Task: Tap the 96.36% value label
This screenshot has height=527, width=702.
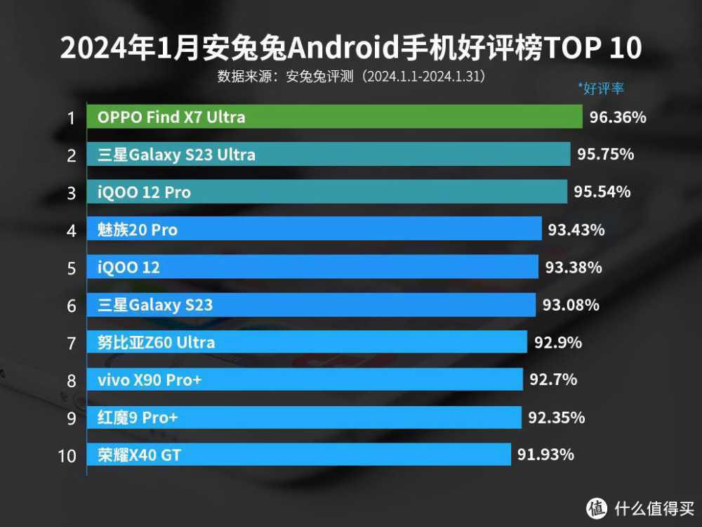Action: (618, 117)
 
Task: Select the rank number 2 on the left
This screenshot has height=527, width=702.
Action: (71, 155)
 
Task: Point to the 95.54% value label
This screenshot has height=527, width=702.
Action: (602, 192)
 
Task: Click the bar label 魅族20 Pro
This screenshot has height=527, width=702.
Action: (138, 230)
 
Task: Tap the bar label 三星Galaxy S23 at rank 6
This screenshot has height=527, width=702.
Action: (155, 305)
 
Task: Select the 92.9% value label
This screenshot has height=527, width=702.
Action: (558, 343)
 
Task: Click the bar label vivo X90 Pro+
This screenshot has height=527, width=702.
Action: (150, 380)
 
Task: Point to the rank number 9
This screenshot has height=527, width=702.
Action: (71, 419)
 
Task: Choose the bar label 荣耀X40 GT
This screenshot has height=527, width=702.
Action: (139, 455)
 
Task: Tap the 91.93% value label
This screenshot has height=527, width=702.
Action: (545, 455)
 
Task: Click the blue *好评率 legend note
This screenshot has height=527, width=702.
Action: (601, 89)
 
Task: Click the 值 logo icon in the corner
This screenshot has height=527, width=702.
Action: (597, 507)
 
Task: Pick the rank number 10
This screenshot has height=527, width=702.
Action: (67, 456)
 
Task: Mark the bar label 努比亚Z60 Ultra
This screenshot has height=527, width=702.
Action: (156, 343)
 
